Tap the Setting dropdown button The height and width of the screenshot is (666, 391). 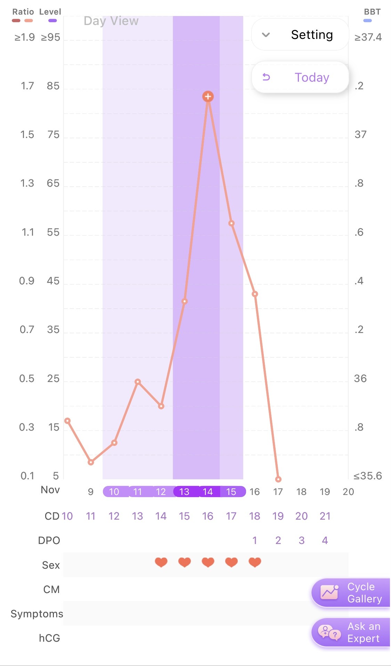coord(300,35)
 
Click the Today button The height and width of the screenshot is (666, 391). coord(300,77)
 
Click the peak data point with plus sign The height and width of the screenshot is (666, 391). coord(208,97)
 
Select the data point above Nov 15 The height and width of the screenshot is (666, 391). coord(231,223)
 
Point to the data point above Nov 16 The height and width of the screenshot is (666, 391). coord(255,294)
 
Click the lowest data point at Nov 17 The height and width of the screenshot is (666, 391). coord(278,479)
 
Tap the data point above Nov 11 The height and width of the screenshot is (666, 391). coord(138,382)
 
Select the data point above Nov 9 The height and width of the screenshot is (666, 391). coord(91,462)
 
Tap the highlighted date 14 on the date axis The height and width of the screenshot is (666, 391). coord(208,492)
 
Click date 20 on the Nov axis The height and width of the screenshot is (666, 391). coord(348,492)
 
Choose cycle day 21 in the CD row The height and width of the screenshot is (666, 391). coord(325,516)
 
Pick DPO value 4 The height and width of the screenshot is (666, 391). coord(325,541)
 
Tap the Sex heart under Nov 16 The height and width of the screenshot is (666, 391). coord(255,562)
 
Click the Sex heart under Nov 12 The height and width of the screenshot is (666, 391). coord(161,562)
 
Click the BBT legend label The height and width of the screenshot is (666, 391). coord(372,12)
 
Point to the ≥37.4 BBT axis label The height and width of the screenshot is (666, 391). coord(368,37)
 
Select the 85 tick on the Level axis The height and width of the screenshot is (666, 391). coord(53,86)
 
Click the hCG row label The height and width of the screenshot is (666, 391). coord(49,638)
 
